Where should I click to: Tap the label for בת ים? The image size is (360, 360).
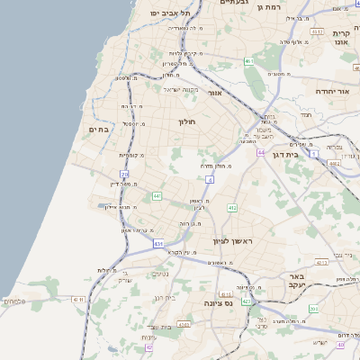pos(98,130)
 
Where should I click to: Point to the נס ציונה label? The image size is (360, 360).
pos(219,303)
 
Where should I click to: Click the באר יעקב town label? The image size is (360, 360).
pos(294,280)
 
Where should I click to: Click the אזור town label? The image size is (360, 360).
pos(214,93)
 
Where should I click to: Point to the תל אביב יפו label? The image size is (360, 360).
pos(172,13)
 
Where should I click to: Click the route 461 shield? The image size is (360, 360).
pos(248,61)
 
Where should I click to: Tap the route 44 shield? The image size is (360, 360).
pos(260,153)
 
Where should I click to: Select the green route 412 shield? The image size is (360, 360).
pos(232,208)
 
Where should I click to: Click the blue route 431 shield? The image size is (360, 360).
pos(158,243)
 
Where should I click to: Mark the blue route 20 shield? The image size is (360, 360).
pos(124,174)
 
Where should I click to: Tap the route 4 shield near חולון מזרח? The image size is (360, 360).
pos(210,180)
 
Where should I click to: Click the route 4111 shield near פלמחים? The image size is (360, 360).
pos(78,299)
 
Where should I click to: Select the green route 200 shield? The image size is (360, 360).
pos(312,309)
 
